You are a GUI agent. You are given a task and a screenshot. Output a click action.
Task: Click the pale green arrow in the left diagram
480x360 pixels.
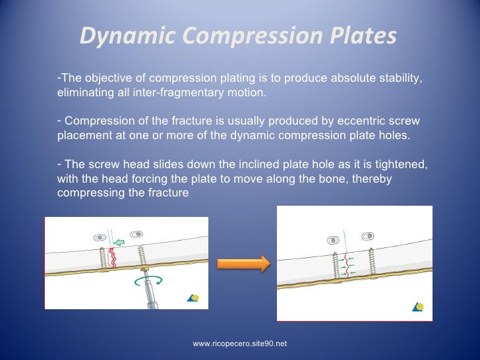(119, 242)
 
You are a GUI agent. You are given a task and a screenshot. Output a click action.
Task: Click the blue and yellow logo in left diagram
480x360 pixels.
(193, 298)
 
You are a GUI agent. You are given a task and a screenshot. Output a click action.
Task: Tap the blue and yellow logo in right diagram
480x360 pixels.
(417, 306)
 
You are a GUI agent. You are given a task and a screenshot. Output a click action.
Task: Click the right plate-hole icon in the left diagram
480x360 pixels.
(137, 234)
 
